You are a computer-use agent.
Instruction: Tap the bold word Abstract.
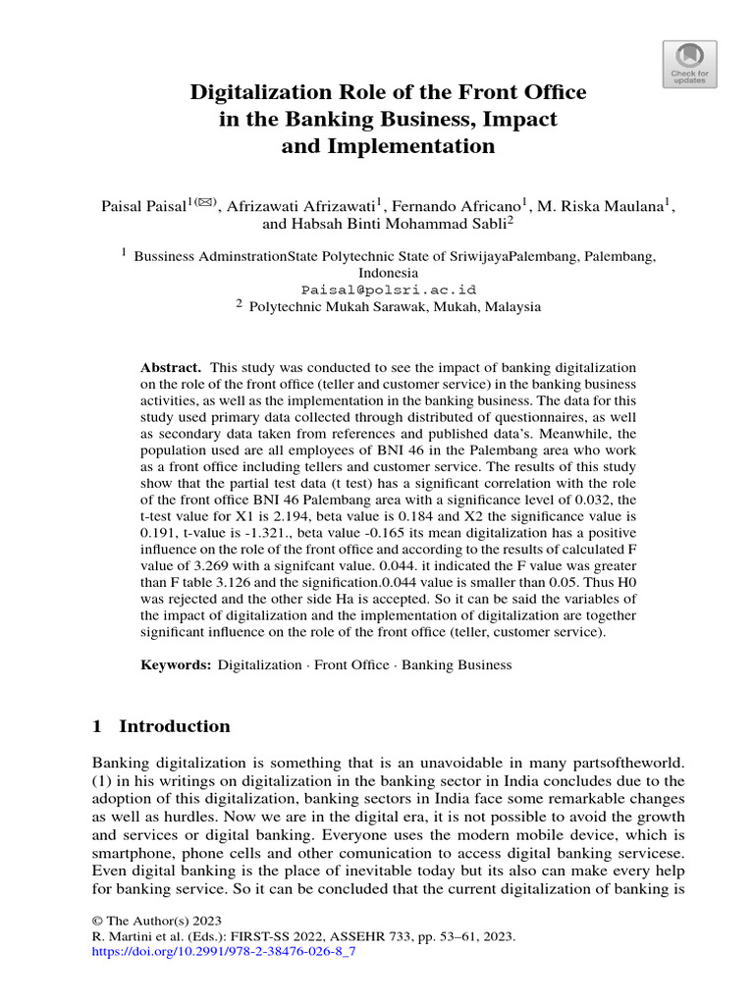(171, 366)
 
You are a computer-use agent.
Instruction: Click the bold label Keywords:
(176, 664)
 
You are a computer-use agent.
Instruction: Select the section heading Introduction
(174, 727)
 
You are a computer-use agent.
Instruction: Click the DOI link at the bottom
(223, 952)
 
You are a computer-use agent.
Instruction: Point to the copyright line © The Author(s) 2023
(157, 921)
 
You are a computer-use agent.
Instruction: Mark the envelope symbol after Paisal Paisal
(205, 203)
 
